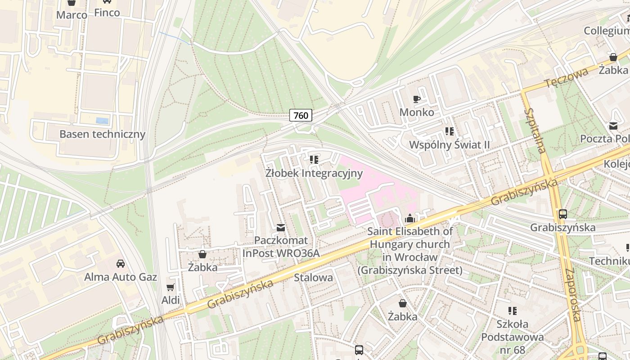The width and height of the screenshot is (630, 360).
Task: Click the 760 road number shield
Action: point(301,116)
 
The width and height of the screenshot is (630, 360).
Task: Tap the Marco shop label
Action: point(72,15)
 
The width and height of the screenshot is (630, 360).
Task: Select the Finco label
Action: point(107,13)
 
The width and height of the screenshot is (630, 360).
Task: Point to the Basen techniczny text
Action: point(102,134)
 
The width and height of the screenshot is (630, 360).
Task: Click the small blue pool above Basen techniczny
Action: point(102,121)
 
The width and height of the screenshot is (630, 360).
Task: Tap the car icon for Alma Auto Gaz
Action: point(121,263)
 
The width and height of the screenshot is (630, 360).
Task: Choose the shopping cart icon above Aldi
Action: point(171,287)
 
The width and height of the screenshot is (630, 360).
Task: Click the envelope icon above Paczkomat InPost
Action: point(281,228)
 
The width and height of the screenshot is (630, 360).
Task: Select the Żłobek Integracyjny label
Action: point(314,173)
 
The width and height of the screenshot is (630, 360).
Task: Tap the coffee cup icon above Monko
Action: point(417,99)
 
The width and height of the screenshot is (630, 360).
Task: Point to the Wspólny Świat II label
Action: point(449,145)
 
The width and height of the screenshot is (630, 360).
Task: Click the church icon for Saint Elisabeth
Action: point(410,219)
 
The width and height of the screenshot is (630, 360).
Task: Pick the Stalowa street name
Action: point(313,277)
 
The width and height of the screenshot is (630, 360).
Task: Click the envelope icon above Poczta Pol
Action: point(613,126)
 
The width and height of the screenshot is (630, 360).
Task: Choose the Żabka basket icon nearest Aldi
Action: point(202,254)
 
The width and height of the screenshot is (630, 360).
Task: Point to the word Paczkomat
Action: point(281,240)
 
